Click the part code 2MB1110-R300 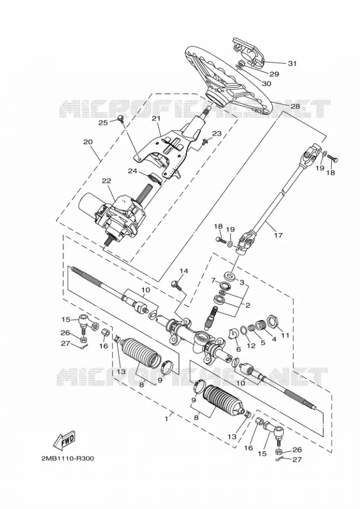(67, 458)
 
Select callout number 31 (293, 63)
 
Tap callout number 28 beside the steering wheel (295, 106)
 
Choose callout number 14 (183, 271)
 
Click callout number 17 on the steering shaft (278, 235)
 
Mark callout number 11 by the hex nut (285, 335)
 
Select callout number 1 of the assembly (166, 419)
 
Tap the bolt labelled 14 (176, 286)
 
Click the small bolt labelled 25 (121, 119)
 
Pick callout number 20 (88, 142)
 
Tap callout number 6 (238, 350)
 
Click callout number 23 (217, 133)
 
